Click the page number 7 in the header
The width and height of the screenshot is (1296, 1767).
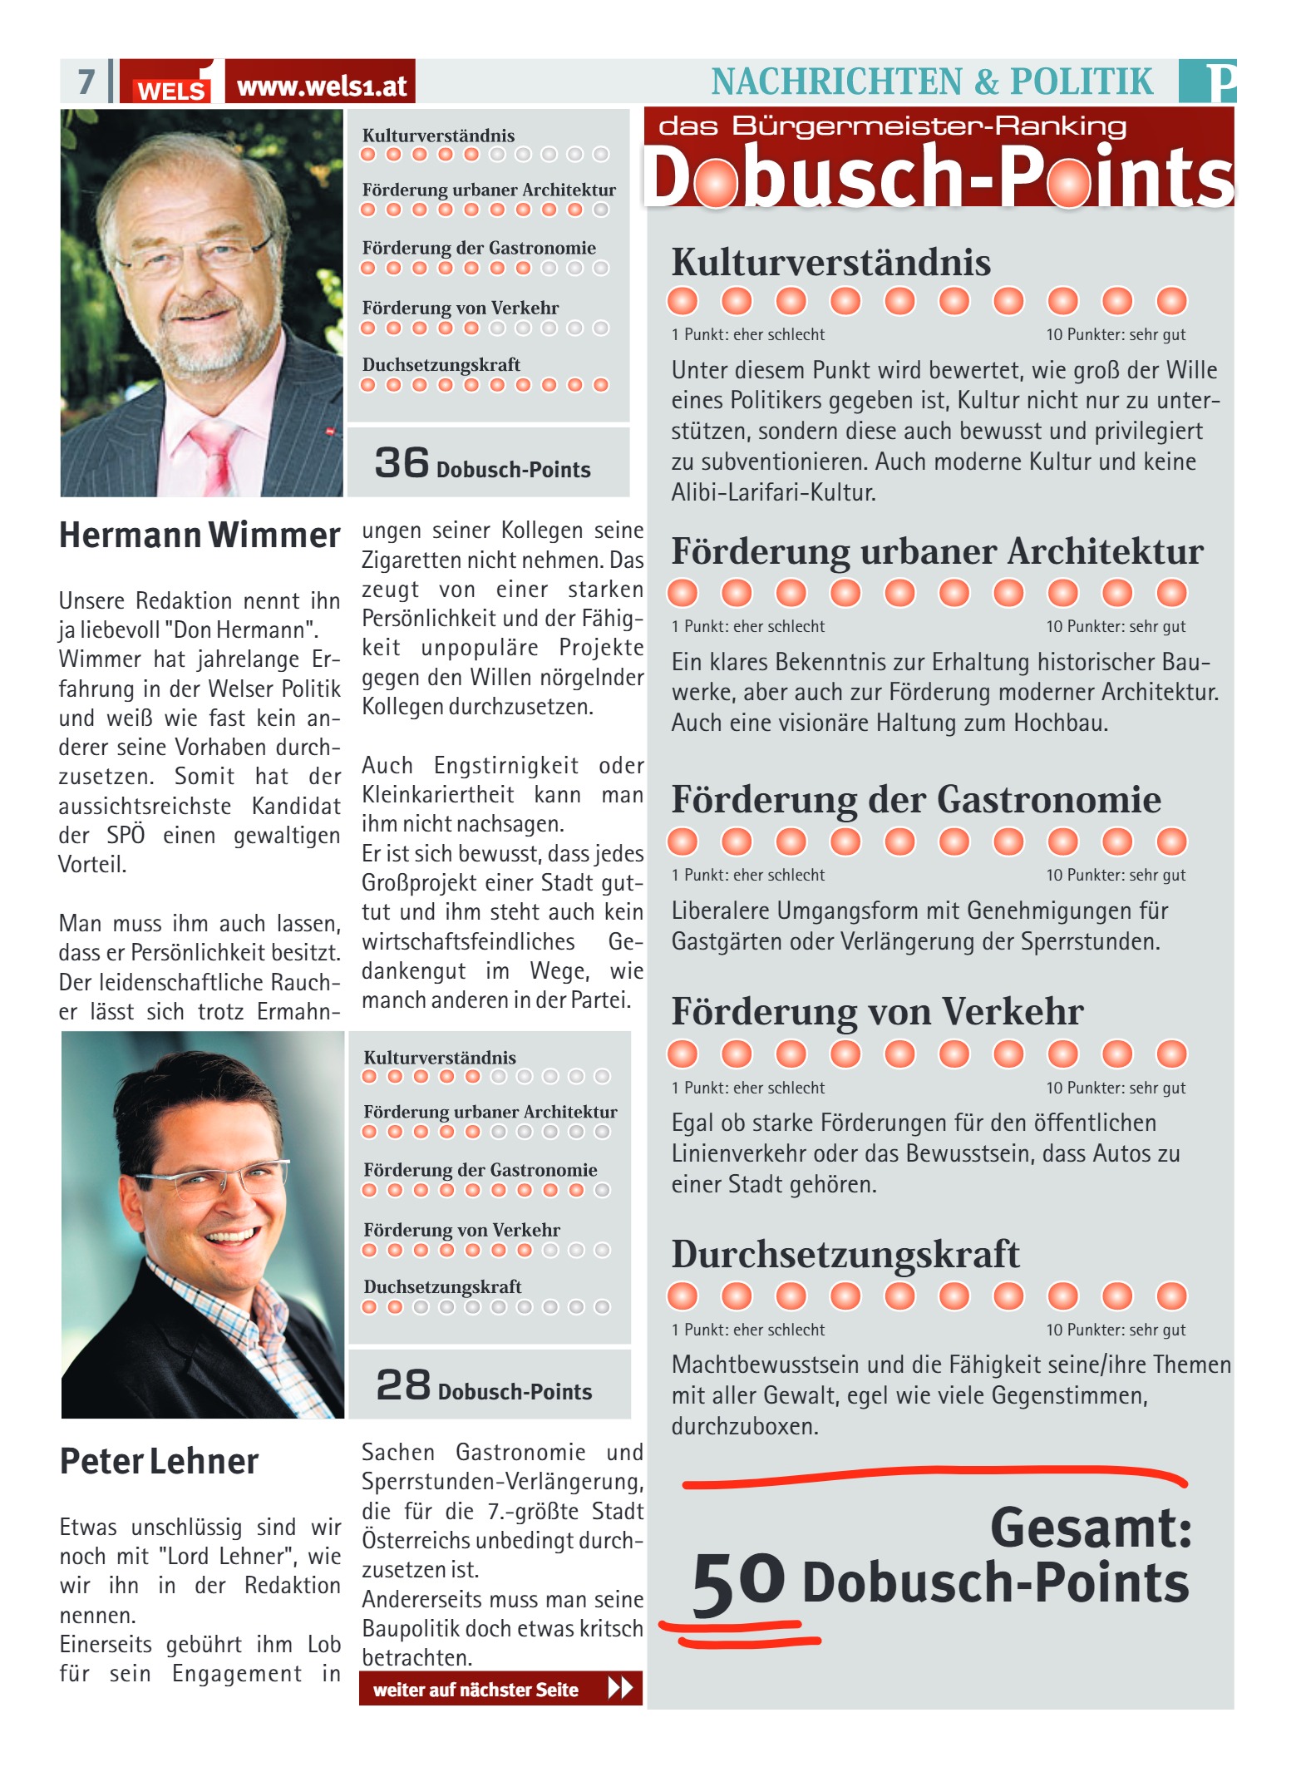tap(86, 81)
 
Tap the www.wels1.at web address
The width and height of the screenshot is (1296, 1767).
tap(321, 86)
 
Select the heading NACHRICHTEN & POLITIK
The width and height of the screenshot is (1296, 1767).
tap(932, 81)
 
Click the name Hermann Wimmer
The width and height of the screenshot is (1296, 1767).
tap(200, 535)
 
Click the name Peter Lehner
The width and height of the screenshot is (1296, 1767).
tap(159, 1461)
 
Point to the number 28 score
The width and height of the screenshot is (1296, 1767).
tap(403, 1384)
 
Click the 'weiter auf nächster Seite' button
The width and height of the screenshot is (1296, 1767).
tap(500, 1689)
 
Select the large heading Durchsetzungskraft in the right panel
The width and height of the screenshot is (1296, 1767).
tap(845, 1254)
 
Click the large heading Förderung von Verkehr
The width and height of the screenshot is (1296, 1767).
tap(877, 1012)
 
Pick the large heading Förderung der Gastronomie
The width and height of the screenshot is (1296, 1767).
tap(915, 799)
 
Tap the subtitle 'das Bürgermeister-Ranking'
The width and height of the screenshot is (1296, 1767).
tap(892, 126)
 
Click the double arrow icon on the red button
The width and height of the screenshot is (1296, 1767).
tap(620, 1688)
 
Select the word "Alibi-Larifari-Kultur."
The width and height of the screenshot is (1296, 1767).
tap(773, 492)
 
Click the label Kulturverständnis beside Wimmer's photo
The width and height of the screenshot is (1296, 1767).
tap(438, 136)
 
